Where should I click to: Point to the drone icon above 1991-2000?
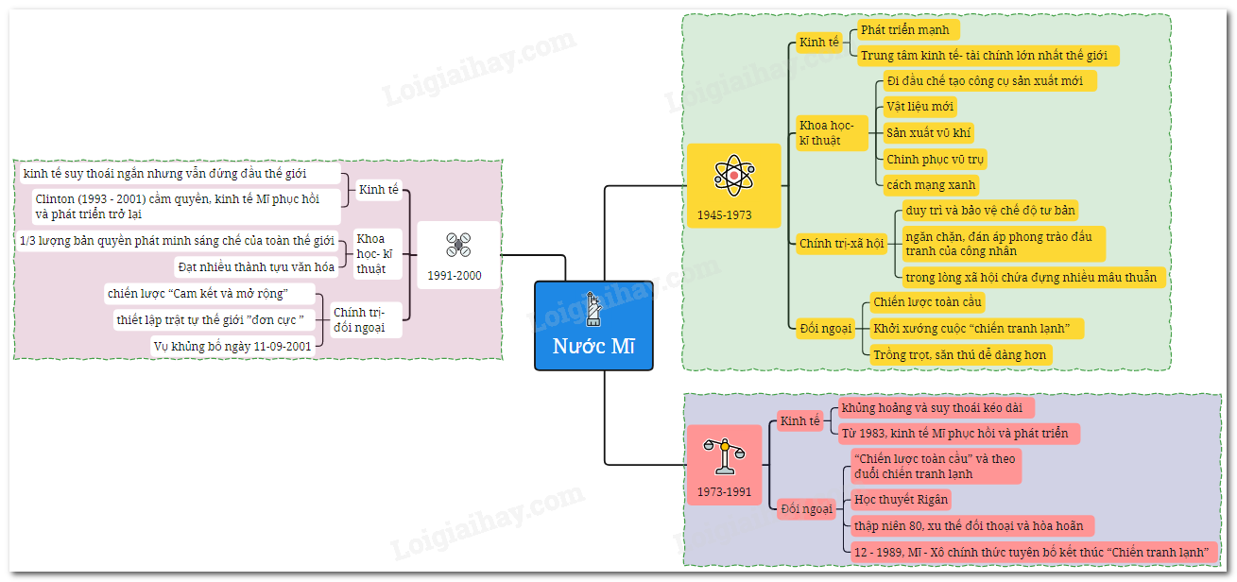458,246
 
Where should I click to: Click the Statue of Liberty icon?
593,308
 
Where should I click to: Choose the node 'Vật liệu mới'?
919,106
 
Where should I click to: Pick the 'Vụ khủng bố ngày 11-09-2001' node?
232,347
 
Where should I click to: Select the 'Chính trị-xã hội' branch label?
842,243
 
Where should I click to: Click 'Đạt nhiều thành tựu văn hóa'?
256,267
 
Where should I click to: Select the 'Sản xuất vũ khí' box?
928,132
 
